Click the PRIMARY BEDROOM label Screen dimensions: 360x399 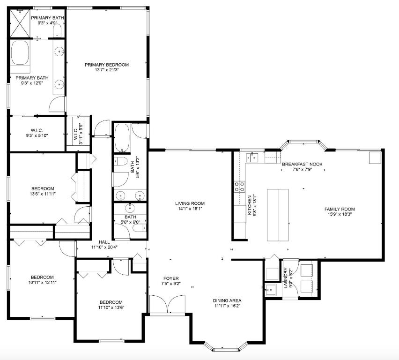(x=106, y=65)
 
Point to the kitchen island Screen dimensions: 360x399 (x=278, y=215)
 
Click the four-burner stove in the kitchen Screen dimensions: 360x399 (x=239, y=187)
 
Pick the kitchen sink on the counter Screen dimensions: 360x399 (x=253, y=157)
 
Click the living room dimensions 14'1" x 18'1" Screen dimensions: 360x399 (x=190, y=210)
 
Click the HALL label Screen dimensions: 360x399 (x=104, y=242)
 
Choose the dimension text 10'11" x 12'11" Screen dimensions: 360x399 (x=42, y=283)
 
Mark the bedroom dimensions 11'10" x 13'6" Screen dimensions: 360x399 (x=111, y=308)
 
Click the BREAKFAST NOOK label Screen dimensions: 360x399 (x=302, y=164)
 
